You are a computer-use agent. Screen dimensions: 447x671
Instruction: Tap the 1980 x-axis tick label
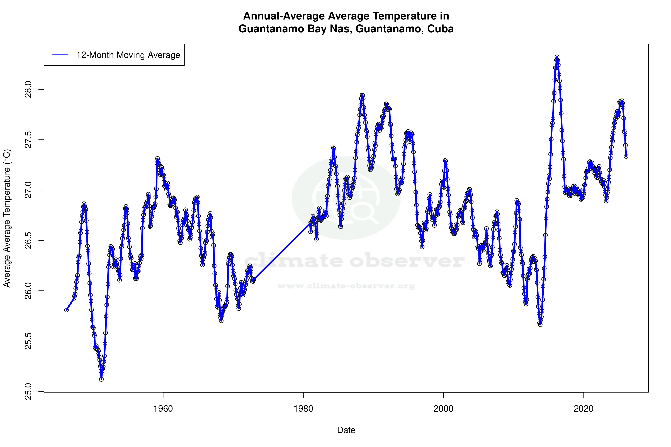[x=303, y=409]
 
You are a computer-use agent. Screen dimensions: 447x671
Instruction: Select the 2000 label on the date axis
[x=443, y=409]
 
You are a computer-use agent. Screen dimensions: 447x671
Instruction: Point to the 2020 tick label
[x=584, y=409]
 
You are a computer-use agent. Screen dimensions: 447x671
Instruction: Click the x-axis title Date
[x=346, y=430]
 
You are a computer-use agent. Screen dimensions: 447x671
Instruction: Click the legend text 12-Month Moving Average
[x=128, y=55]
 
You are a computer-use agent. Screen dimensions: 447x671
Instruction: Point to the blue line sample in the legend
[x=60, y=55]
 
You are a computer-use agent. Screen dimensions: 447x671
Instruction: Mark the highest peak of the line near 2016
[x=557, y=57]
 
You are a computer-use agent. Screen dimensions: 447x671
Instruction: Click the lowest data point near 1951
[x=101, y=379]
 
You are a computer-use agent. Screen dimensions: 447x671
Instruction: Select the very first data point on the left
[x=66, y=310]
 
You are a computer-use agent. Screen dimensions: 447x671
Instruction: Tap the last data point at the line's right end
[x=626, y=156]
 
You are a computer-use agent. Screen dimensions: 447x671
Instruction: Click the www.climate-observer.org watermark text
[x=346, y=286]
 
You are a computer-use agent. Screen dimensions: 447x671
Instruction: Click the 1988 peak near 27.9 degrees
[x=362, y=95]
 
